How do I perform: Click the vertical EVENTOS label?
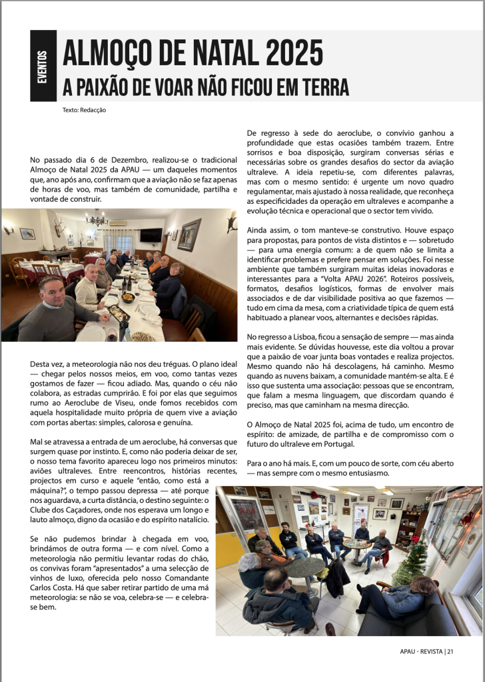click(43, 66)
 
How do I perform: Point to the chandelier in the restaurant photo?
click(97, 218)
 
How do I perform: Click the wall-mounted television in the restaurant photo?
click(151, 235)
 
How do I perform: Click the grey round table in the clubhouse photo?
click(305, 567)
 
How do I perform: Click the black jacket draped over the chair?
click(336, 575)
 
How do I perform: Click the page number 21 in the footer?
click(450, 651)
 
